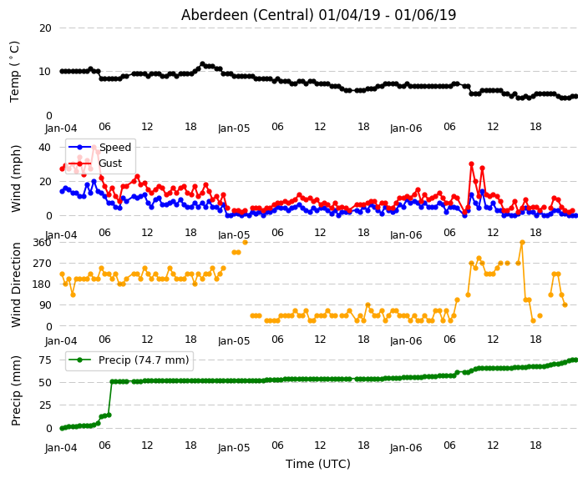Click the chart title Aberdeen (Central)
(x=247, y=15)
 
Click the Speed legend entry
(x=100, y=147)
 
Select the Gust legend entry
(x=95, y=164)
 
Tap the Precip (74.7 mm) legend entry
(x=129, y=360)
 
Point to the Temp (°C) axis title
(x=14, y=72)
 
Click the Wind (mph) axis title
(x=16, y=179)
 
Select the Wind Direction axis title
(x=16, y=285)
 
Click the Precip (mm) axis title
(x=16, y=390)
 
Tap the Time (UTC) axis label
(x=318, y=464)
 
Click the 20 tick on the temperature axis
(x=45, y=28)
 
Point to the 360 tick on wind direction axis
(x=42, y=243)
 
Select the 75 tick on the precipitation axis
(x=45, y=360)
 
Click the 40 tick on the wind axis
(x=44, y=147)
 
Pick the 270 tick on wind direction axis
(x=42, y=264)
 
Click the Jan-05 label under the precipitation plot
(x=234, y=447)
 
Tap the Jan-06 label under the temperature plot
(x=406, y=128)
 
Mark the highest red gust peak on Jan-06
(x=471, y=164)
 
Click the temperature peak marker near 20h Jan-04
(x=202, y=64)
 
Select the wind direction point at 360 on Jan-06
(x=522, y=243)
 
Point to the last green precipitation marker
(x=575, y=360)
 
